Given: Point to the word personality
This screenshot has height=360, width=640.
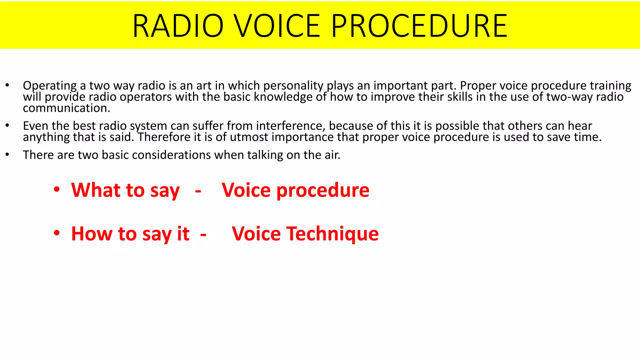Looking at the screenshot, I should (293, 86).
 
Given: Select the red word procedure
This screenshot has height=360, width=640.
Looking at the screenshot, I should (323, 191).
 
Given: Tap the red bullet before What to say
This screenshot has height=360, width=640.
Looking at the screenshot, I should (57, 190).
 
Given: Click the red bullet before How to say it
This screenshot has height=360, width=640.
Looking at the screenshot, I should (57, 233).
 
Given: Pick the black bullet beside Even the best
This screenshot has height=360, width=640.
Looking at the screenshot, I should (7, 126).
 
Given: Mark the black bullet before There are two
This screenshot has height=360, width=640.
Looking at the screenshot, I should (7, 155).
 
